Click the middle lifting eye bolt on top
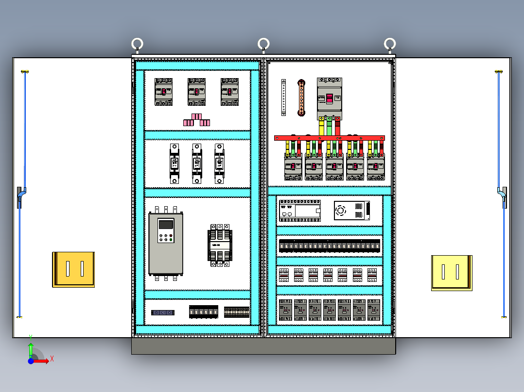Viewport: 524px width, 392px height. point(263,45)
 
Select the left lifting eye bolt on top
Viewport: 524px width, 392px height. point(138,45)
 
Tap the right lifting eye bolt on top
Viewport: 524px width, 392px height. point(389,45)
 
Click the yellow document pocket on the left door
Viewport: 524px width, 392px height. point(73,269)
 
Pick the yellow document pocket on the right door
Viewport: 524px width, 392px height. point(452,273)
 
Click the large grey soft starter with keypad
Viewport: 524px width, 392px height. point(166,243)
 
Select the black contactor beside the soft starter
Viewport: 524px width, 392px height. point(219,245)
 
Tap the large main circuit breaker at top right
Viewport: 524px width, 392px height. point(329,98)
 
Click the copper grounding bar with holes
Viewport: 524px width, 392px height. point(301,98)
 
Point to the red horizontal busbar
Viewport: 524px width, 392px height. point(329,138)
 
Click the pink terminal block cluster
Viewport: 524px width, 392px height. point(196,120)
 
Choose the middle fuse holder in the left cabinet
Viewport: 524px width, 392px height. point(196,163)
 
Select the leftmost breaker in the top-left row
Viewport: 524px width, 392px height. point(164,92)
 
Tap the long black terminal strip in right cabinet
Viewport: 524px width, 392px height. point(329,246)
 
